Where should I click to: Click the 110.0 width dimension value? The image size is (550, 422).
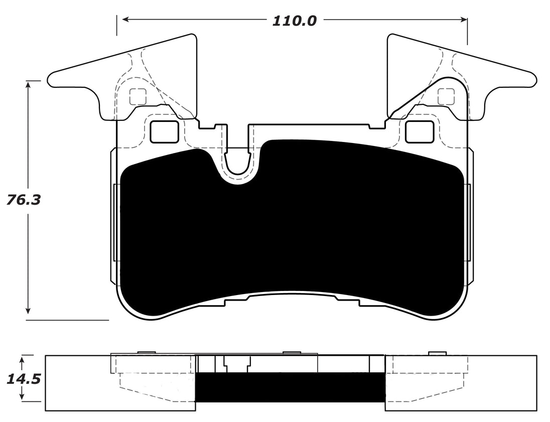click(x=294, y=21)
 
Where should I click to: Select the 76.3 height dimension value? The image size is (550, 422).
click(x=24, y=200)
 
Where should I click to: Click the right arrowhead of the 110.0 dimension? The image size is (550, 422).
click(x=464, y=20)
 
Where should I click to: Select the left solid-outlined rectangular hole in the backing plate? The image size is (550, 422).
click(x=164, y=131)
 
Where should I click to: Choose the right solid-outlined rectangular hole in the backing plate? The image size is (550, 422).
click(x=419, y=131)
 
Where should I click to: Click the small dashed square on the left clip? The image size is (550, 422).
click(x=137, y=96)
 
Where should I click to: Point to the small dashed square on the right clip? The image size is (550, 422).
click(x=446, y=96)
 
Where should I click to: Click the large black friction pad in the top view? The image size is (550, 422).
click(x=291, y=231)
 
